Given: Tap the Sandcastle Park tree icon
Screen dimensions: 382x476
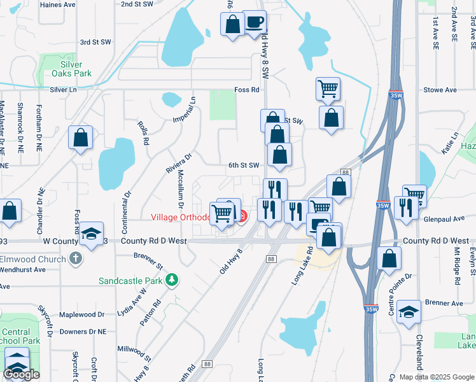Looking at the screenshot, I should point(171,279).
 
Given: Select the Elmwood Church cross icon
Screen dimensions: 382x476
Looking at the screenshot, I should point(76,259).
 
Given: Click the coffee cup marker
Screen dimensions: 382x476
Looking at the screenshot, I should point(255,23).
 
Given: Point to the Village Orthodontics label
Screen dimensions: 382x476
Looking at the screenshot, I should point(181,217).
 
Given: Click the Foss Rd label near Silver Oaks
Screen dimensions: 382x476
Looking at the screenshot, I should point(247,90).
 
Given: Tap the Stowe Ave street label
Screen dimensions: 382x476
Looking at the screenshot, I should point(440,90).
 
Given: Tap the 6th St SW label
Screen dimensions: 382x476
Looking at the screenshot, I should point(244,166).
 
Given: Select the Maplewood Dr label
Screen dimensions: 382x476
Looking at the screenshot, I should point(81,315).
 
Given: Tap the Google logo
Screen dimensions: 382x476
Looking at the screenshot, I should point(22,374).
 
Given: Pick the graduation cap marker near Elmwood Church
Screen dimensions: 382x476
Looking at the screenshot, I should point(92,234).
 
